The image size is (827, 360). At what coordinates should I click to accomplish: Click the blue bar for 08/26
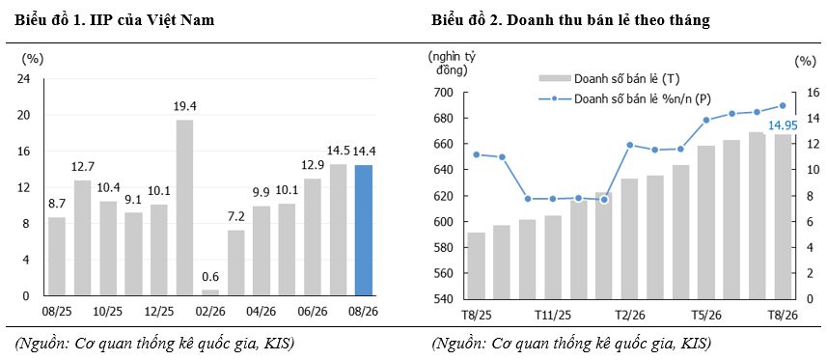point(364,230)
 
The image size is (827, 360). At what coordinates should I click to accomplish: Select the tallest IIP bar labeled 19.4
point(184,208)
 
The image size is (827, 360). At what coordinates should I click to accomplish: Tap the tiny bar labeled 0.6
point(210,293)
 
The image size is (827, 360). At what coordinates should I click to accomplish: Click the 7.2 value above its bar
point(236,218)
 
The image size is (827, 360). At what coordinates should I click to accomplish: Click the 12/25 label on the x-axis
point(159,312)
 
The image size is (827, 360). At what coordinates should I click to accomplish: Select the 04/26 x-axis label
point(262,312)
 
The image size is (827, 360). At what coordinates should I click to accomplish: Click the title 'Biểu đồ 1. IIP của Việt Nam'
point(115,20)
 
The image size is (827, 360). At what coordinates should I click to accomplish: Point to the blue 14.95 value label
point(783,125)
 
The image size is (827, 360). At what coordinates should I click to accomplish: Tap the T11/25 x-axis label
point(552,316)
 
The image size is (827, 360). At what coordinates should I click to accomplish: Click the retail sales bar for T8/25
point(477,265)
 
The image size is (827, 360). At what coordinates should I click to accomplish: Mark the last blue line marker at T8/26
point(783,105)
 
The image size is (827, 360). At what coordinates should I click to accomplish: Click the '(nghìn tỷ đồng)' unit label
point(450,63)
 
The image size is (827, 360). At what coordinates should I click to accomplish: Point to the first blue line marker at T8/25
point(477,154)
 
